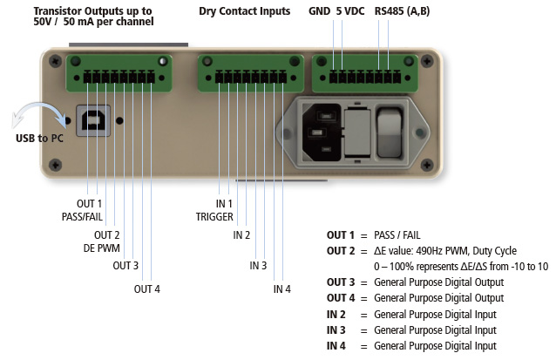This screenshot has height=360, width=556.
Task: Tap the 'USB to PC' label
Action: click(37, 138)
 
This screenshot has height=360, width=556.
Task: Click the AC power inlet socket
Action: click(321, 129)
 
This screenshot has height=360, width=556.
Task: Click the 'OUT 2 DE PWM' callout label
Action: click(106, 241)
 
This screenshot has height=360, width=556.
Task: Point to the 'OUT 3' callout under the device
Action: click(125, 265)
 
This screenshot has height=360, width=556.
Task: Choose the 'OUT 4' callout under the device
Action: click(147, 289)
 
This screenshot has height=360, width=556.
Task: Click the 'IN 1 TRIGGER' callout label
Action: click(214, 210)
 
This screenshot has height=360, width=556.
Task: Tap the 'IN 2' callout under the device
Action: click(241, 234)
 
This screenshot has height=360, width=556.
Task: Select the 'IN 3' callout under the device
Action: click(259, 265)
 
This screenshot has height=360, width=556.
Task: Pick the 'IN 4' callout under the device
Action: click(281, 289)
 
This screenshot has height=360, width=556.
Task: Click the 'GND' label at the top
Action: click(319, 13)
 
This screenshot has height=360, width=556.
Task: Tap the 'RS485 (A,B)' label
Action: click(402, 13)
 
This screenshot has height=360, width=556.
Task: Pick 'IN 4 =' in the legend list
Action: click(343, 346)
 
